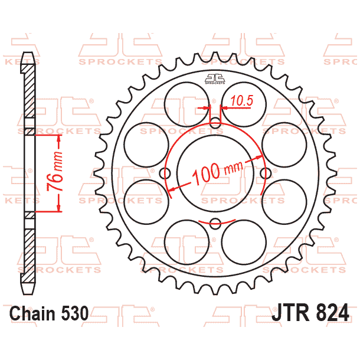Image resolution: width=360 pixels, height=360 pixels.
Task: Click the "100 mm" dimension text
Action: [x=218, y=172]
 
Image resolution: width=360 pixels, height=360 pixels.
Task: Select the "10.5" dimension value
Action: [x=241, y=101]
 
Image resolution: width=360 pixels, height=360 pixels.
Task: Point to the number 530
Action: [x=75, y=312]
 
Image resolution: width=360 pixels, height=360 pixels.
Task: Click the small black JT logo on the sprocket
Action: [x=215, y=78]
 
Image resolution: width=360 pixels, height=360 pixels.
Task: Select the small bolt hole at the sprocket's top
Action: [x=215, y=122]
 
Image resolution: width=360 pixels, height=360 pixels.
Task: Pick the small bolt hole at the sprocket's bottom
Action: [x=215, y=223]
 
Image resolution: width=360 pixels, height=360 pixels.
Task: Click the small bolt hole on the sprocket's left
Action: [x=165, y=173]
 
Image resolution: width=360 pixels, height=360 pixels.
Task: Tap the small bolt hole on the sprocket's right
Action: [x=266, y=173]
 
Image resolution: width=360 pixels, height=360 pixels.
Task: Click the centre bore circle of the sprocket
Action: [x=215, y=173]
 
